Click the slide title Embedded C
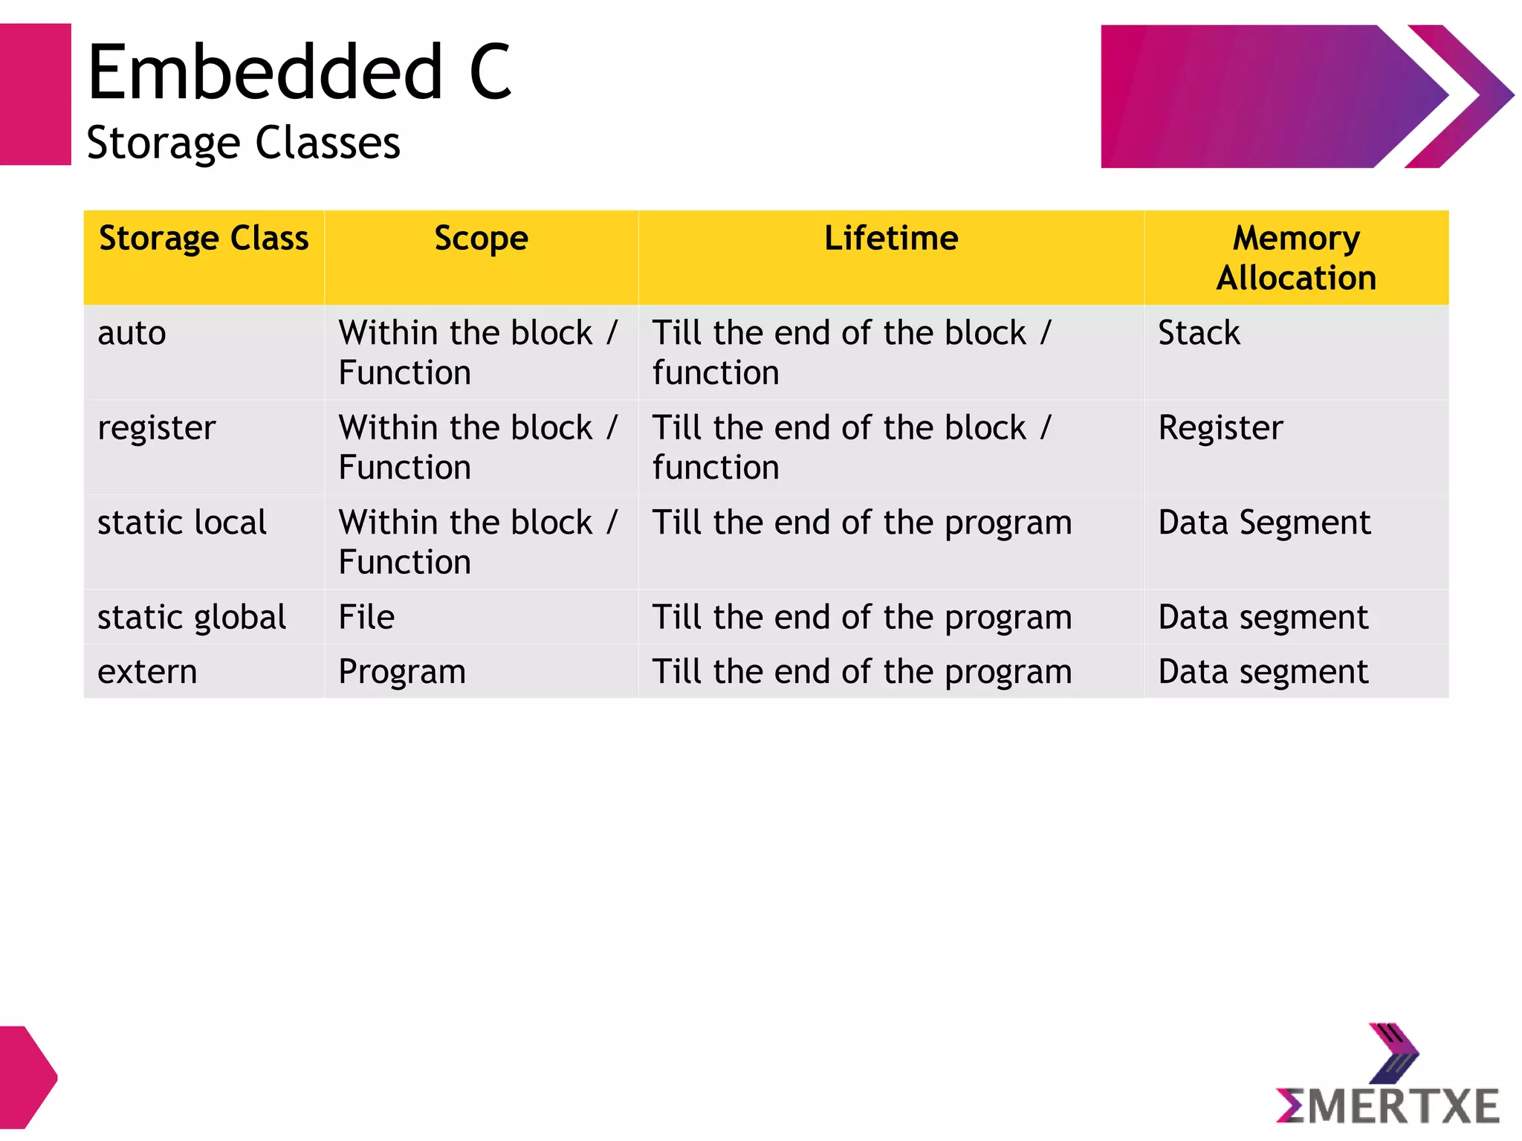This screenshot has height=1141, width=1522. click(x=299, y=72)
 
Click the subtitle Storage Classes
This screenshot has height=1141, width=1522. click(x=243, y=143)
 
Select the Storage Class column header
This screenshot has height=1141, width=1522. click(x=204, y=239)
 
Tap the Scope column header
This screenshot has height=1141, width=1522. click(x=481, y=239)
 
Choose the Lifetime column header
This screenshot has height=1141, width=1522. click(x=890, y=239)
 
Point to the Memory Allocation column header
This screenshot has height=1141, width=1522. click(x=1295, y=257)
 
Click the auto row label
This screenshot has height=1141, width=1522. click(x=132, y=333)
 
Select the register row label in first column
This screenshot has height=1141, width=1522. click(x=157, y=428)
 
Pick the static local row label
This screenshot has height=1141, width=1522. click(x=182, y=523)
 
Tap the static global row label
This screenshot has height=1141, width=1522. click(x=192, y=618)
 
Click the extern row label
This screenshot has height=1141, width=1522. click(x=147, y=672)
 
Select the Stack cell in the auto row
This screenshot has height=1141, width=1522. click(x=1199, y=333)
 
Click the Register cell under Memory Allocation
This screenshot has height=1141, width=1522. click(x=1220, y=428)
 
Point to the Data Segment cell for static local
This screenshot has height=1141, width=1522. click(x=1263, y=523)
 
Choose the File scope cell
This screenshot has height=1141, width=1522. click(x=366, y=618)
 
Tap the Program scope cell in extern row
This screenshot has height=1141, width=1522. click(x=402, y=672)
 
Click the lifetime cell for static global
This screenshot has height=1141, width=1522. click(x=861, y=618)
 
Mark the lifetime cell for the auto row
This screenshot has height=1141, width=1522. click(x=852, y=352)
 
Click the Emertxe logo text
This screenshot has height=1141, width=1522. click(x=1388, y=1106)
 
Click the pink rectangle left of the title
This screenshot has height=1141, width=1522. click(x=35, y=94)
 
